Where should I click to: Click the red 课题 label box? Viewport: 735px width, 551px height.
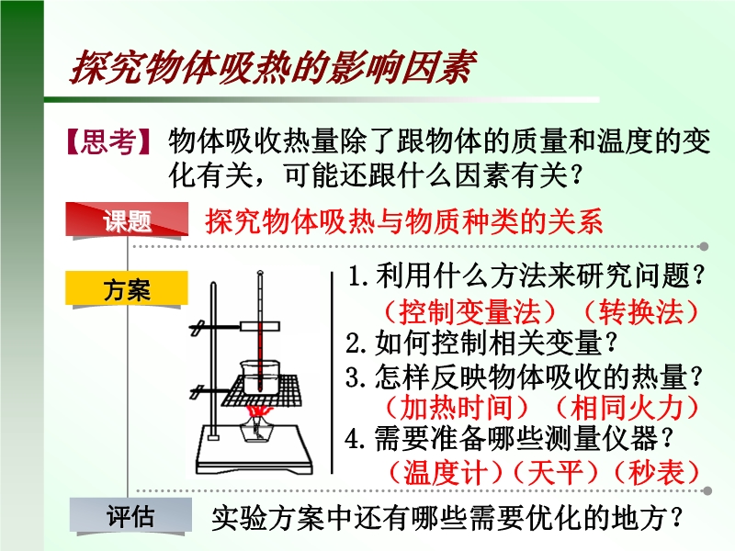127,219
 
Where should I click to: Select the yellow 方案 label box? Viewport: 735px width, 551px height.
127,288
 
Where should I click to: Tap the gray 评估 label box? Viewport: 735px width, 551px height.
130,515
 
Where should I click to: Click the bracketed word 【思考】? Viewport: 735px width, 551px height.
108,141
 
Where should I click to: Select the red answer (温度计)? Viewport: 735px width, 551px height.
447,472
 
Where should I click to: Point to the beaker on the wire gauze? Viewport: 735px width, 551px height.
260,374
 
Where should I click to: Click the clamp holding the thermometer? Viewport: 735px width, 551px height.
260,326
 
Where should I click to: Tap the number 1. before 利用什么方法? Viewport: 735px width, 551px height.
357,276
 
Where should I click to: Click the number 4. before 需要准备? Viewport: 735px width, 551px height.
355,440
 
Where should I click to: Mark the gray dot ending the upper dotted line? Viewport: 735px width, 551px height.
704,246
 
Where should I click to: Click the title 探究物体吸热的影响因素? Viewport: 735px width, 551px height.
274,68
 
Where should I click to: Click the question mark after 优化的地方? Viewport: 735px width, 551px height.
676,518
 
